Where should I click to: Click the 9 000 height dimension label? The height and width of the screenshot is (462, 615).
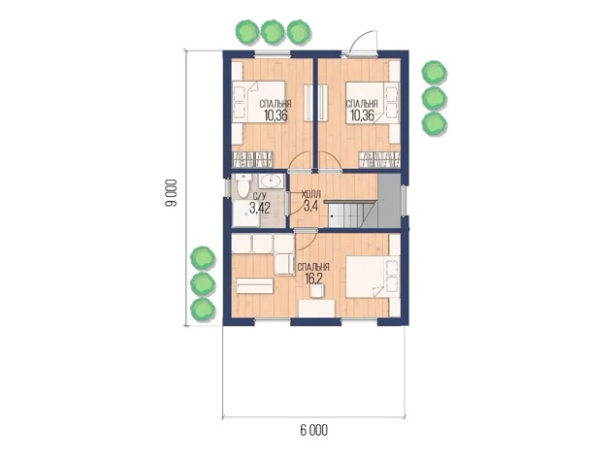[x=171, y=193]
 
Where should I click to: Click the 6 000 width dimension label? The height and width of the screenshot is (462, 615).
[x=313, y=431]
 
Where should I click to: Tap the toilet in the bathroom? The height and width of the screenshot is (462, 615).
[x=243, y=186]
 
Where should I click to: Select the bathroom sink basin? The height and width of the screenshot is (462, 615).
[x=271, y=181]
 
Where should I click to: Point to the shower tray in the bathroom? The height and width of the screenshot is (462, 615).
[x=245, y=214]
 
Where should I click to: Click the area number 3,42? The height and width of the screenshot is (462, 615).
[x=260, y=208]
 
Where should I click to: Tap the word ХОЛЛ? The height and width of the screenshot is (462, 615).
[x=311, y=193]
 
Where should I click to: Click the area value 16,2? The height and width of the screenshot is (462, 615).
[x=313, y=279]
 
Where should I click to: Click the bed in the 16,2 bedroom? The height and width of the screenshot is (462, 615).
[x=372, y=277]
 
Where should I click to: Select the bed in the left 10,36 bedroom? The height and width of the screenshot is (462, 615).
[x=258, y=102]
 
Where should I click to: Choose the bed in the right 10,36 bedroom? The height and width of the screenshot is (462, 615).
[x=372, y=102]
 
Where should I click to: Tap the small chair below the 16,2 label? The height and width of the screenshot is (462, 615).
[x=316, y=291]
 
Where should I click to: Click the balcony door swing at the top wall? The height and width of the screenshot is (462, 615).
[x=363, y=41]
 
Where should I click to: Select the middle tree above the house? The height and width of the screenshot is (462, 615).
[x=273, y=32]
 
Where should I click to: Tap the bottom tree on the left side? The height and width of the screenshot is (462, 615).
[x=203, y=309]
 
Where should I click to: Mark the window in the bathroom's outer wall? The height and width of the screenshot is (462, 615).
[x=228, y=188]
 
